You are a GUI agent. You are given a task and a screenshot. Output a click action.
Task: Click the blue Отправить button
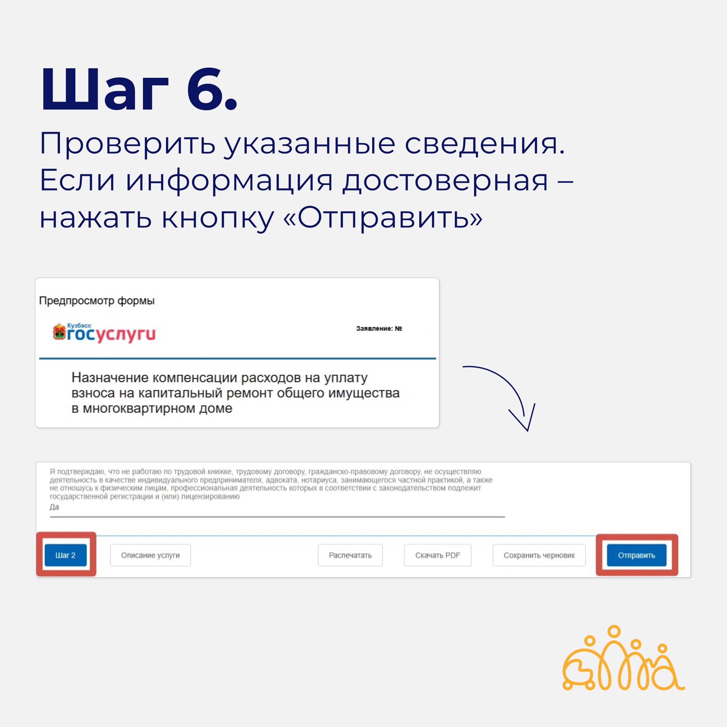tap(636, 555)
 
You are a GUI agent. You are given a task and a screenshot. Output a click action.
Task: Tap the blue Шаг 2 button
tap(65, 555)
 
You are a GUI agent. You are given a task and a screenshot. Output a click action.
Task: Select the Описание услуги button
tap(150, 555)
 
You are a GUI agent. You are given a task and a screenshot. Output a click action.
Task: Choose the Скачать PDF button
tap(437, 555)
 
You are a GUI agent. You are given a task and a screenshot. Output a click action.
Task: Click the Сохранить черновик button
tap(539, 555)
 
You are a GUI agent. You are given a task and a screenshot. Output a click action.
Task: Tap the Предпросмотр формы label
tap(97, 301)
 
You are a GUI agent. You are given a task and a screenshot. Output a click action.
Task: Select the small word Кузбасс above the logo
tap(79, 325)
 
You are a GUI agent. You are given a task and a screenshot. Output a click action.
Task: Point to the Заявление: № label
tap(379, 329)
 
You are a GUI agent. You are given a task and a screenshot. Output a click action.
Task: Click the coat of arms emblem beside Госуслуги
tap(59, 331)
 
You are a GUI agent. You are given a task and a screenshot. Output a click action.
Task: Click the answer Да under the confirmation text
tap(54, 507)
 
